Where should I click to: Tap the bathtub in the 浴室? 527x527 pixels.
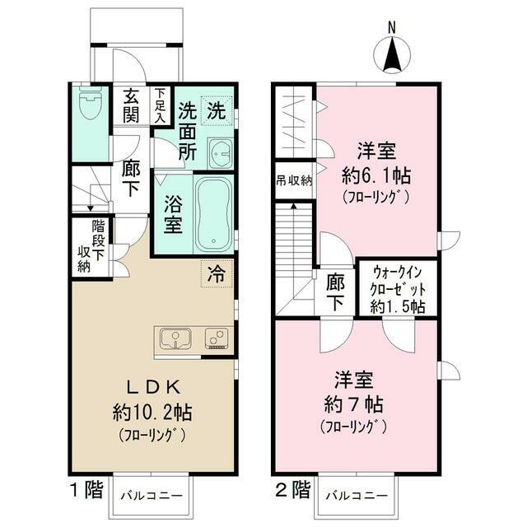pos(213,215)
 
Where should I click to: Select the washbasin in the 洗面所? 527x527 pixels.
pos(220,154)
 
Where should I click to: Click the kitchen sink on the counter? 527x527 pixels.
pos(175,338)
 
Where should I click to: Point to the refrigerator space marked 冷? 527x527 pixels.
pos(217,273)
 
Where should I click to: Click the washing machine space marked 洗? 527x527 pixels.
pos(217,110)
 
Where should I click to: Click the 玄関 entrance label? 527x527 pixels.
pos(131,105)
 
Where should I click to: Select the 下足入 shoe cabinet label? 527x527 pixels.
pos(161,105)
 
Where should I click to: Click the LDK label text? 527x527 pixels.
pos(153,388)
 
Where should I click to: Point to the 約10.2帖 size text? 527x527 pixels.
pos(152,413)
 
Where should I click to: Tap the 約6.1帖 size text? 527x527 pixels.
pos(376,175)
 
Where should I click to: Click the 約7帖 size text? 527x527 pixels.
pos(354,404)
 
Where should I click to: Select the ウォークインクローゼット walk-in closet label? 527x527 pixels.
pos(398,289)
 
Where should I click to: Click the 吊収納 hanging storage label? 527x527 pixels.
pos(294,181)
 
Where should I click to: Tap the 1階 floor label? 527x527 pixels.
pos(86,490)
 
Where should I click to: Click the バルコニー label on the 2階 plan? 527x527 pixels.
pos(357,496)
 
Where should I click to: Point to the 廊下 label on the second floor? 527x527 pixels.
pos(335,291)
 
